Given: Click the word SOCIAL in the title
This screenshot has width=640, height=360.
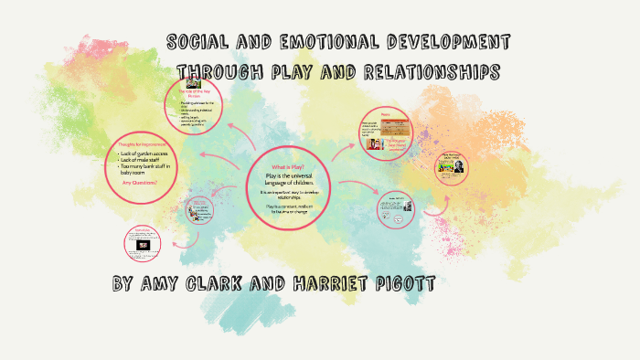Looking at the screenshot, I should (198, 42).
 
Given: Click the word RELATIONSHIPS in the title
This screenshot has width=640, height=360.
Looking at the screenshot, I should (422, 71).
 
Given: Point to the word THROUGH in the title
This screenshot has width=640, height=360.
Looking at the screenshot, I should (219, 71).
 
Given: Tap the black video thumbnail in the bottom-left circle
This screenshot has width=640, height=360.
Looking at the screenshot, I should (144, 247).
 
